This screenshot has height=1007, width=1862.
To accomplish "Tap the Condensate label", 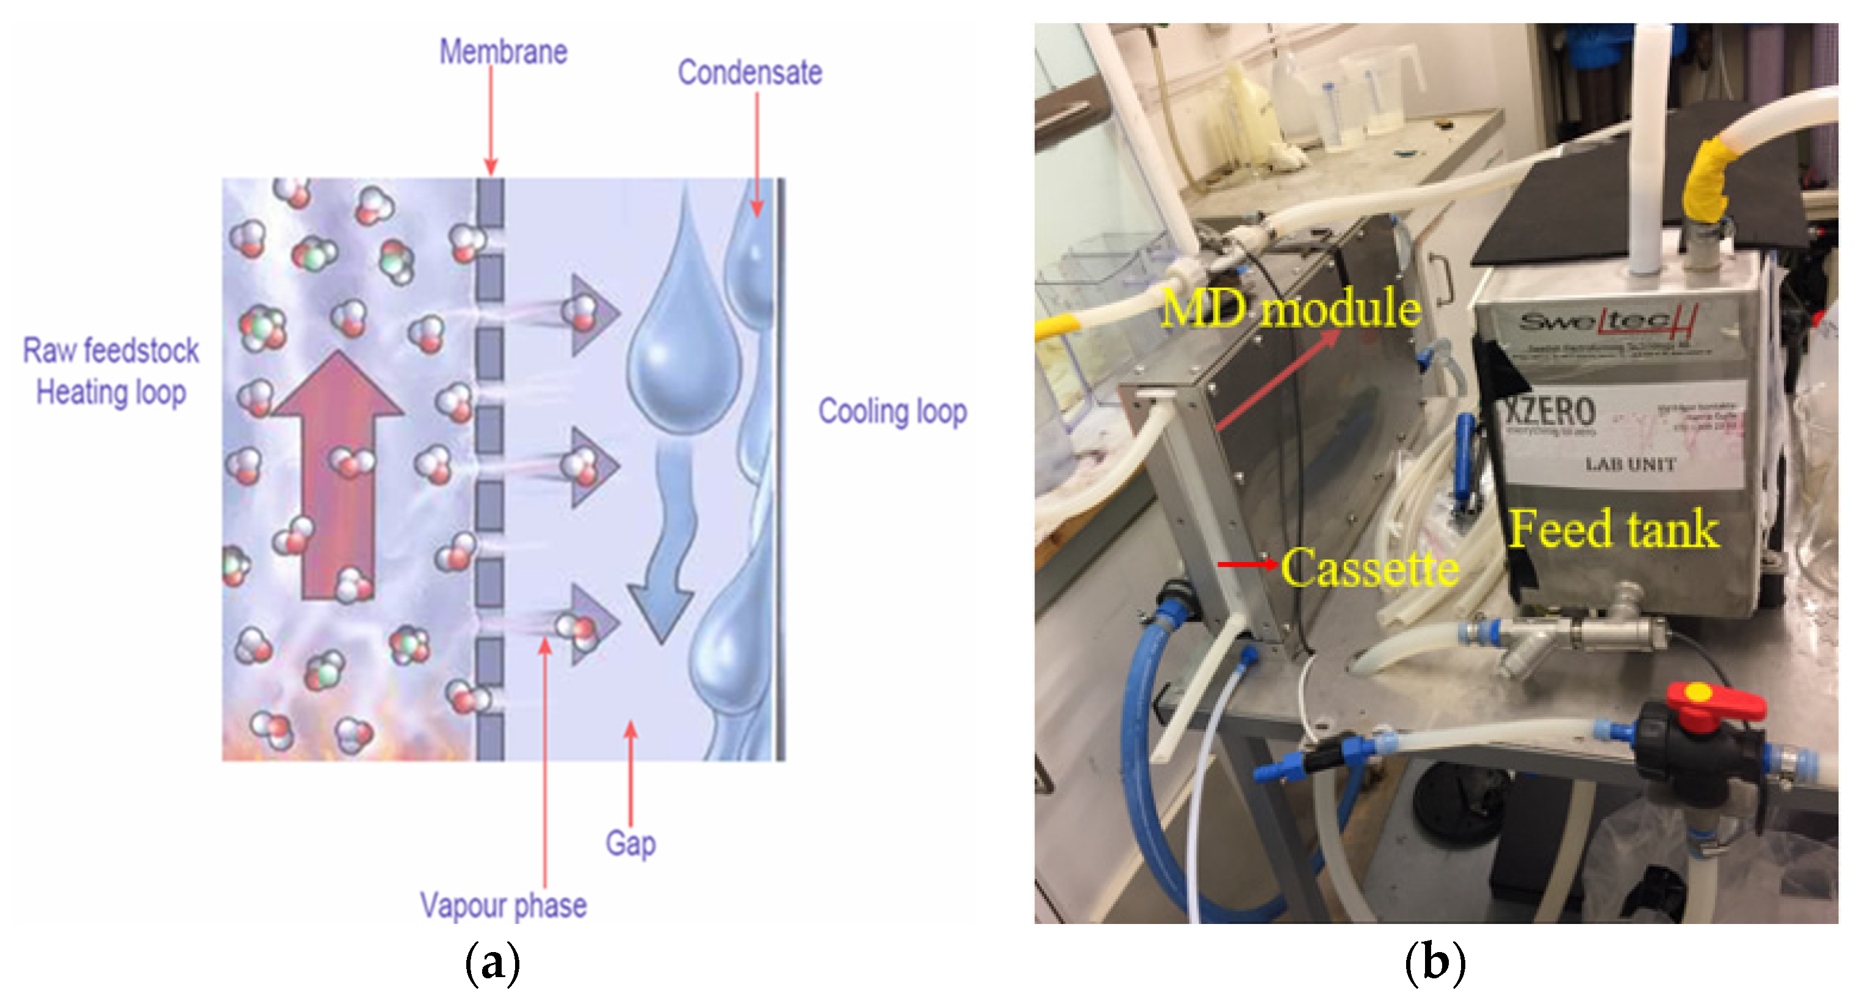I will point(749,72).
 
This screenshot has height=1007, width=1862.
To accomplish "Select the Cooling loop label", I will point(892,411).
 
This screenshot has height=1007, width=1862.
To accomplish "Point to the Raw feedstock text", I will point(110,350).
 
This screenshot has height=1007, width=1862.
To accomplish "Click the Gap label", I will point(630,843).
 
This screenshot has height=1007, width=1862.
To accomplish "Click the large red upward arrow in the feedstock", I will point(338,477).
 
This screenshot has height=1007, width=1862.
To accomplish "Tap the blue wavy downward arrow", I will point(665,542).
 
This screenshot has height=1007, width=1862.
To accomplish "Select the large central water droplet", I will point(683,347).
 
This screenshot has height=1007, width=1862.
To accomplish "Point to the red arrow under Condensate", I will point(757,156).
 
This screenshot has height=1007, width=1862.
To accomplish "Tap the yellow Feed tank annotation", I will point(1614,529).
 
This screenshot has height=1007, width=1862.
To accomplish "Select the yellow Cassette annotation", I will point(1369,568).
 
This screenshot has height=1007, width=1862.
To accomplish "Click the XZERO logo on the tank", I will point(1551,411).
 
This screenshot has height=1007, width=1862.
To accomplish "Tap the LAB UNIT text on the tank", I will point(1630,464).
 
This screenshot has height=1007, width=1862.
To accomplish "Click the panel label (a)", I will point(493,963).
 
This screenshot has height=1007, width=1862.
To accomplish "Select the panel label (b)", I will point(1435,963).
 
